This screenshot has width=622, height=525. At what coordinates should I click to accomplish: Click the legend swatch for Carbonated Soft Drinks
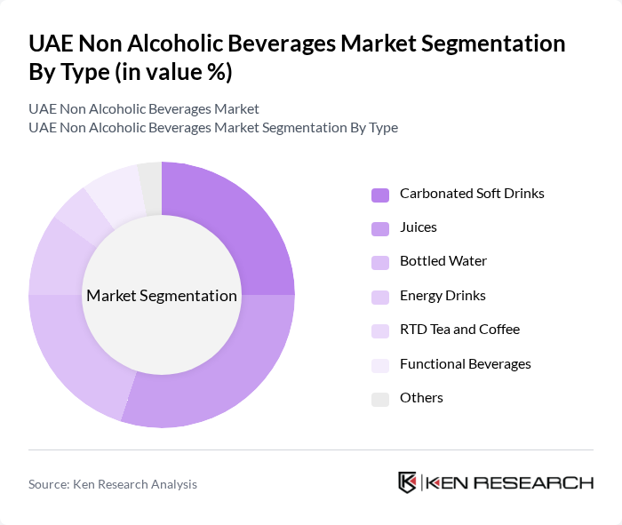pos(379,195)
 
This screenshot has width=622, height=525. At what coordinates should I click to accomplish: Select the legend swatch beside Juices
pos(379,228)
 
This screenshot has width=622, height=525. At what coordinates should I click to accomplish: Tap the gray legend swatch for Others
pos(379,399)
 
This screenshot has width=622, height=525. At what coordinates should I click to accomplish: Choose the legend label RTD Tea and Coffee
pos(459,329)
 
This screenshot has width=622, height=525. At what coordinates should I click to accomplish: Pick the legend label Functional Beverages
pos(465,363)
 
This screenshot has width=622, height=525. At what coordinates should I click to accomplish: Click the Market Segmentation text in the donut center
pos(162,296)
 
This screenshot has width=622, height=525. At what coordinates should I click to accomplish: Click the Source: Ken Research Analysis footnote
pos(113,484)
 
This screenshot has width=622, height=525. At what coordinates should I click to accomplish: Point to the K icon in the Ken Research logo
pos(407,482)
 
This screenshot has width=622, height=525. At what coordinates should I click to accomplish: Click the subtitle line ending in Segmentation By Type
pos(213,127)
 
